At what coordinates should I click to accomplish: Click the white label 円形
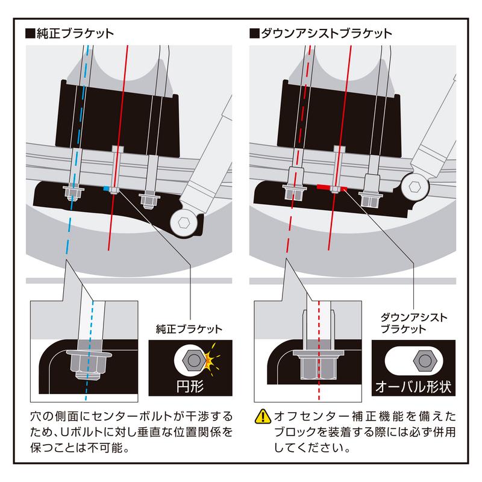tap(192, 383)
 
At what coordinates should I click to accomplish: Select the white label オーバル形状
tap(413, 384)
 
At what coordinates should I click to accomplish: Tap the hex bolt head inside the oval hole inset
tap(424, 360)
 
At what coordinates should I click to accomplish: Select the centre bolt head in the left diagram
tap(117, 149)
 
